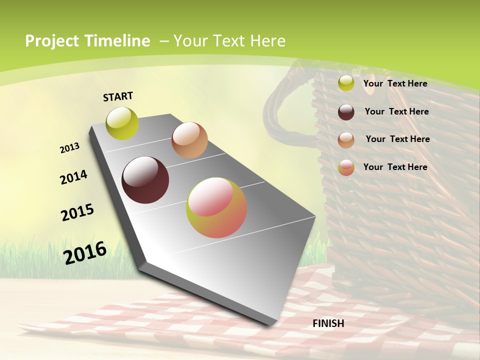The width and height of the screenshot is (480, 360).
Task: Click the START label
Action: pos(118,96)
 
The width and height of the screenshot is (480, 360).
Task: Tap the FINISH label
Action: pos(328,323)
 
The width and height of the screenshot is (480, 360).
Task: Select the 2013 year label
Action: pos(69,147)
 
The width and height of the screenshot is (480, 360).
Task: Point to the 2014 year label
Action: pos(73,177)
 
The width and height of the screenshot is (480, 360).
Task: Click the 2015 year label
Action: pos(77,212)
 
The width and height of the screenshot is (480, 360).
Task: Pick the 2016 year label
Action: pos(85,252)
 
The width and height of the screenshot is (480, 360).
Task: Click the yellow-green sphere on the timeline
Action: pos(122,123)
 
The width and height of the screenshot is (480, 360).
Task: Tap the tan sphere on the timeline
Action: pos(189,140)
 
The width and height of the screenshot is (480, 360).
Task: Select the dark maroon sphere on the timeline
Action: pos(145,180)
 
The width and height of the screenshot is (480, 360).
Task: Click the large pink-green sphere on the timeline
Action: pos(216,207)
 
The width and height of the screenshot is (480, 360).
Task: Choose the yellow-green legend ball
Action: pos(346,83)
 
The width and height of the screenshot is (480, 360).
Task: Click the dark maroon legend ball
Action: pos(346,112)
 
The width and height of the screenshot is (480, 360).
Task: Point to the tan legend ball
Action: pos(346,140)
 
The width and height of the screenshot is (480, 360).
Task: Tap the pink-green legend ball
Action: pos(346,167)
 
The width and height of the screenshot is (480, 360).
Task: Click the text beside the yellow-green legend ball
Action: pos(395,83)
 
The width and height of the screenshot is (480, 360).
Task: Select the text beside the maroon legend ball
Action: pos(396,111)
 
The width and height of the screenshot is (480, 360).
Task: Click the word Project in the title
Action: pos(51,41)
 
